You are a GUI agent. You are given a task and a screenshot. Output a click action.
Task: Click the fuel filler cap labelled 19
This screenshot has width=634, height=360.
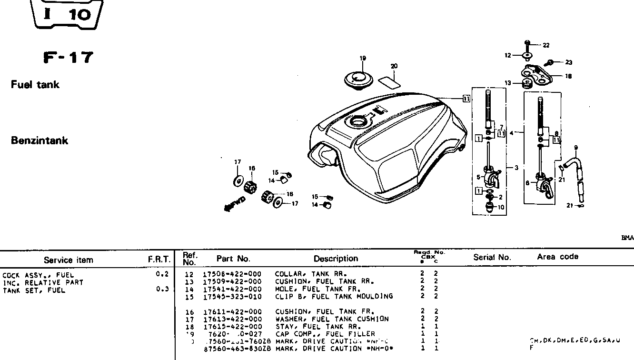point(360,78)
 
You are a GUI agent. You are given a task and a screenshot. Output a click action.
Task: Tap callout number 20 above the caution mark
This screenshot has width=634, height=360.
point(394,66)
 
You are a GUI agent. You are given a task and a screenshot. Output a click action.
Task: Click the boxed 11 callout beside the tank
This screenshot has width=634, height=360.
point(466,99)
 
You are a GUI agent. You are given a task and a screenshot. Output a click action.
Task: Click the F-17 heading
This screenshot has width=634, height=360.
point(68,58)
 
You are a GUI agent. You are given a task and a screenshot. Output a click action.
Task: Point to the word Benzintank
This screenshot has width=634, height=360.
point(40,140)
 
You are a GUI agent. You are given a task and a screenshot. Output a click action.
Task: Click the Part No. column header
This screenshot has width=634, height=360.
point(233,259)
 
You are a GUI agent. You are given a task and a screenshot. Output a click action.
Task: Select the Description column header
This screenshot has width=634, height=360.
point(336,259)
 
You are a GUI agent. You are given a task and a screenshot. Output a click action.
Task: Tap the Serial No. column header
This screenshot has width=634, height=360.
point(492,257)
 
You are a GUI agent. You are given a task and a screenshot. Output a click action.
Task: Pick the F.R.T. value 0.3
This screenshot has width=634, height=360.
point(162,289)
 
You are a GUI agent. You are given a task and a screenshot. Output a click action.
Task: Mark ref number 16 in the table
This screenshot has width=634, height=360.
point(189,311)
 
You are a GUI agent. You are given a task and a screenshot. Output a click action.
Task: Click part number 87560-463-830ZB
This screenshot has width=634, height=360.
point(237,349)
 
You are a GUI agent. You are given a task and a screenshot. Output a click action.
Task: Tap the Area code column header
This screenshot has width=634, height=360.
point(557,257)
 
